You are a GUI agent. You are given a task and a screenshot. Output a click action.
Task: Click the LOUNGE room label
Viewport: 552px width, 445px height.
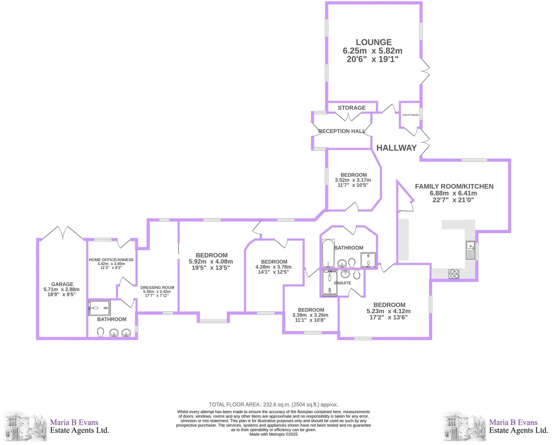coord(374,42)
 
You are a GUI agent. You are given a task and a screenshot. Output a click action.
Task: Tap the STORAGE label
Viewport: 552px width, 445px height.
coord(352,108)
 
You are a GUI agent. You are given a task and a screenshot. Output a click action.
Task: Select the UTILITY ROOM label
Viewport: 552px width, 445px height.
coord(410,115)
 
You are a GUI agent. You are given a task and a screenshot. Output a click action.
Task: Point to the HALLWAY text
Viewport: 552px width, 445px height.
coord(396,148)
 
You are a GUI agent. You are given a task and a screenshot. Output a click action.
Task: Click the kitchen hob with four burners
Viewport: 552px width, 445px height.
coord(454,274)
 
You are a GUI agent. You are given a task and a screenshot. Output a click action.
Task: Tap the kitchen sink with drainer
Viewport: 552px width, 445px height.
coord(470,250)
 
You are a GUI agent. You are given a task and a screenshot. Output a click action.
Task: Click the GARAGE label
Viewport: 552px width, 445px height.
coord(62,284)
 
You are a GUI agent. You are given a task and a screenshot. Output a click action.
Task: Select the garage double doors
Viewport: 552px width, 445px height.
coord(63,233)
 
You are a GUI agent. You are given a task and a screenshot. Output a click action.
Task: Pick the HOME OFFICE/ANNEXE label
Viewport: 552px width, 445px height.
coord(111,260)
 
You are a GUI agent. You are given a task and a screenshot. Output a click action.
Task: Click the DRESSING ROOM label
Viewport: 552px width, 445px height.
coord(157,287)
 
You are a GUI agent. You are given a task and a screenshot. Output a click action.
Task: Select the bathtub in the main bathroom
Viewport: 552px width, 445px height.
coord(328,253)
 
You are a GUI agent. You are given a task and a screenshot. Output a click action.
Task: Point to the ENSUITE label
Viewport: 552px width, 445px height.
coord(342,283)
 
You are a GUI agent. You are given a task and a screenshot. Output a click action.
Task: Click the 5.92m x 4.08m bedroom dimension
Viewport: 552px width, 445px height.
coord(211,261)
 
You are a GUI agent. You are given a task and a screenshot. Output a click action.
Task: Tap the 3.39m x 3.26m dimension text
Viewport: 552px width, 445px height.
coord(310,315)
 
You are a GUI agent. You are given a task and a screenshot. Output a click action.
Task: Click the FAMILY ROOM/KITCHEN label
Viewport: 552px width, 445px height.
coord(454,186)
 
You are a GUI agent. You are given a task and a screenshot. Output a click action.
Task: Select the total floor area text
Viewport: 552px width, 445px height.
coord(274,405)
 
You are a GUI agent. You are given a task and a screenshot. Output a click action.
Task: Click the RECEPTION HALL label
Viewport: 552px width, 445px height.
coord(342,131)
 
